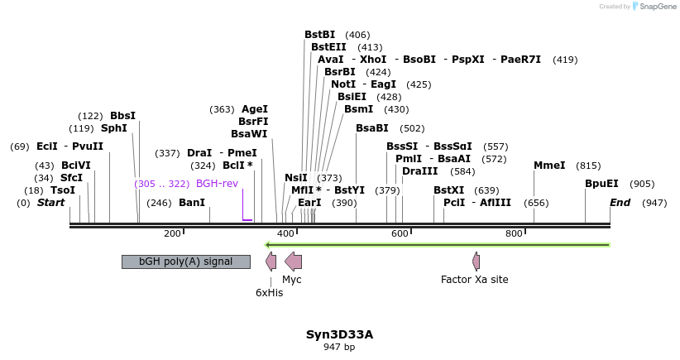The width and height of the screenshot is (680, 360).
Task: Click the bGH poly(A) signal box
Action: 185,262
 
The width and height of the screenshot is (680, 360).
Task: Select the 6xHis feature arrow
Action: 271,262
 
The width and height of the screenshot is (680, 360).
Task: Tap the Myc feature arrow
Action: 293,262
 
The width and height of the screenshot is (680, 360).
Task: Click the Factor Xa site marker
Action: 476,262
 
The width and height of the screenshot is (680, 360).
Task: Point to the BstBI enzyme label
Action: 319,35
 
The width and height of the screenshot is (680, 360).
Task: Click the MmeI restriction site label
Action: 549,166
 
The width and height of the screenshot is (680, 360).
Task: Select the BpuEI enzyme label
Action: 601,184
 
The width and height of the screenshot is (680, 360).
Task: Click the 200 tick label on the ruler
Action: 172,234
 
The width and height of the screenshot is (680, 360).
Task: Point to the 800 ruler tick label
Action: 514,234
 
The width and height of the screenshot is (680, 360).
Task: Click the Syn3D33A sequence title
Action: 339,334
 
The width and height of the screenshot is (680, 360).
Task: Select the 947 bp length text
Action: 339,347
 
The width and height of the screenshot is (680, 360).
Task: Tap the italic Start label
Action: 50,203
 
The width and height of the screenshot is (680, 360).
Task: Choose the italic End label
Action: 620,203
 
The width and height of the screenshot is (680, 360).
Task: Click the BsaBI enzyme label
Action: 371,128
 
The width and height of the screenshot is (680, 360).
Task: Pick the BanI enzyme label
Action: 192,203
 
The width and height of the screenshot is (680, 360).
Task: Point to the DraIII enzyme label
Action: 419,171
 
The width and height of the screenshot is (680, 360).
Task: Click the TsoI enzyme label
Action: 63,190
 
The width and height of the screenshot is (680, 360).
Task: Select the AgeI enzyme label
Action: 255,109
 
